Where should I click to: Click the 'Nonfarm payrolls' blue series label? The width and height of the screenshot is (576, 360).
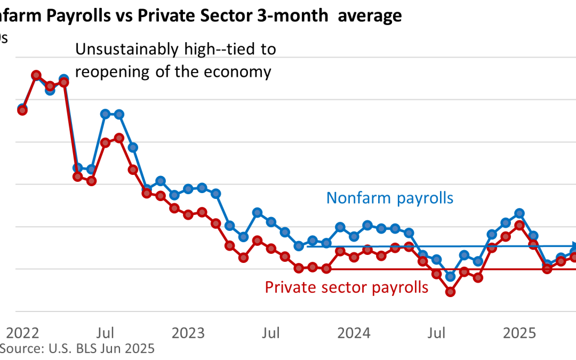tap(389, 198)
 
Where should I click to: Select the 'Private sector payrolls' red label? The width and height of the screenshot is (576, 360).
tap(347, 287)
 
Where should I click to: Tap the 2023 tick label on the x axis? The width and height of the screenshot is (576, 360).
tap(188, 334)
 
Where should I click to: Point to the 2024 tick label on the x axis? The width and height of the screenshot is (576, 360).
tap(355, 334)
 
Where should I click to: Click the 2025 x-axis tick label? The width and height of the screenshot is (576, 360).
tap(520, 334)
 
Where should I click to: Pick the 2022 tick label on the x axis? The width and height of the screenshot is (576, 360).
tap(22, 334)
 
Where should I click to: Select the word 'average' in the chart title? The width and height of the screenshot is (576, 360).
tap(372, 16)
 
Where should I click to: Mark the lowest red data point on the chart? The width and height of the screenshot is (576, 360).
tap(451, 292)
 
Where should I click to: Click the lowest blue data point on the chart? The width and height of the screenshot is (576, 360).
tap(451, 276)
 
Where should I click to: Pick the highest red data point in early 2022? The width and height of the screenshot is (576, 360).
tap(36, 75)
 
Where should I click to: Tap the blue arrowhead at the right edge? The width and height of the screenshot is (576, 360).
tap(574, 245)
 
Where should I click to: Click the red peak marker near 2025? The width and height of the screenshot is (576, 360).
tap(519, 225)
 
